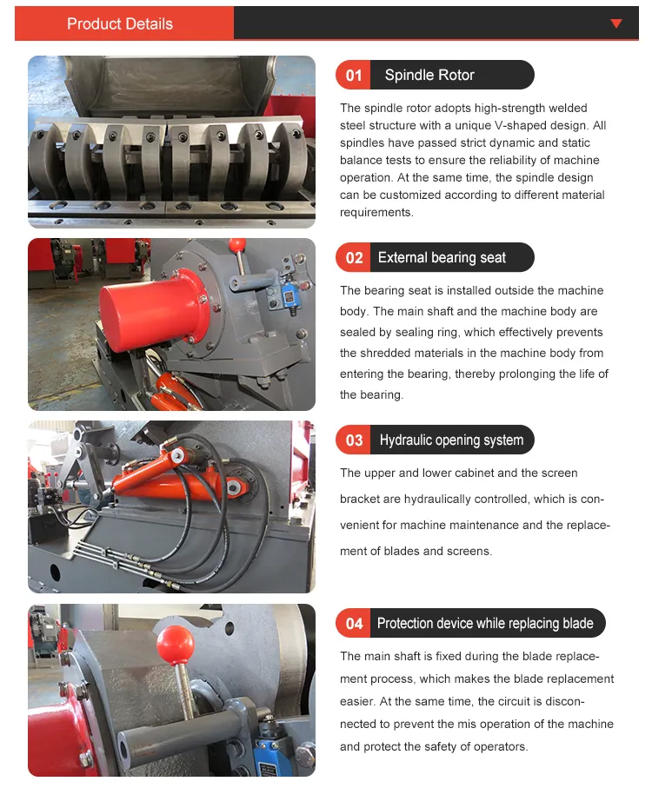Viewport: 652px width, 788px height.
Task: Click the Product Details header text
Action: [x=120, y=23]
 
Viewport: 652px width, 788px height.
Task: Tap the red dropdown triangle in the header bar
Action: [x=615, y=23]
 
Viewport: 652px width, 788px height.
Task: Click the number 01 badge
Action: [x=354, y=75]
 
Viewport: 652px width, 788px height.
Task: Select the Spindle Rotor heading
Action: [x=429, y=75]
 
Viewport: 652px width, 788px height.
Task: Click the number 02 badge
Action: [x=354, y=257]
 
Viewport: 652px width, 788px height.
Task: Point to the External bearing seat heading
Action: [x=442, y=257]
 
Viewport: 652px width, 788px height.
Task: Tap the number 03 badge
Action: [x=354, y=440]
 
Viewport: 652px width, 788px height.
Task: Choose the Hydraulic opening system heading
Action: [x=451, y=440]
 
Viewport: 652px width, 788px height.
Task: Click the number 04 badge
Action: [x=354, y=623]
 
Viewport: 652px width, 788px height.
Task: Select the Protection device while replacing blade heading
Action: [x=485, y=623]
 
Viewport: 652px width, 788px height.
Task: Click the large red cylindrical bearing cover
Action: [x=153, y=309]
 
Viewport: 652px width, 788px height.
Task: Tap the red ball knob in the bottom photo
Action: [x=175, y=645]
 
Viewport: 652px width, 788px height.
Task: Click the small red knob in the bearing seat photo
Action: [x=237, y=246]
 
